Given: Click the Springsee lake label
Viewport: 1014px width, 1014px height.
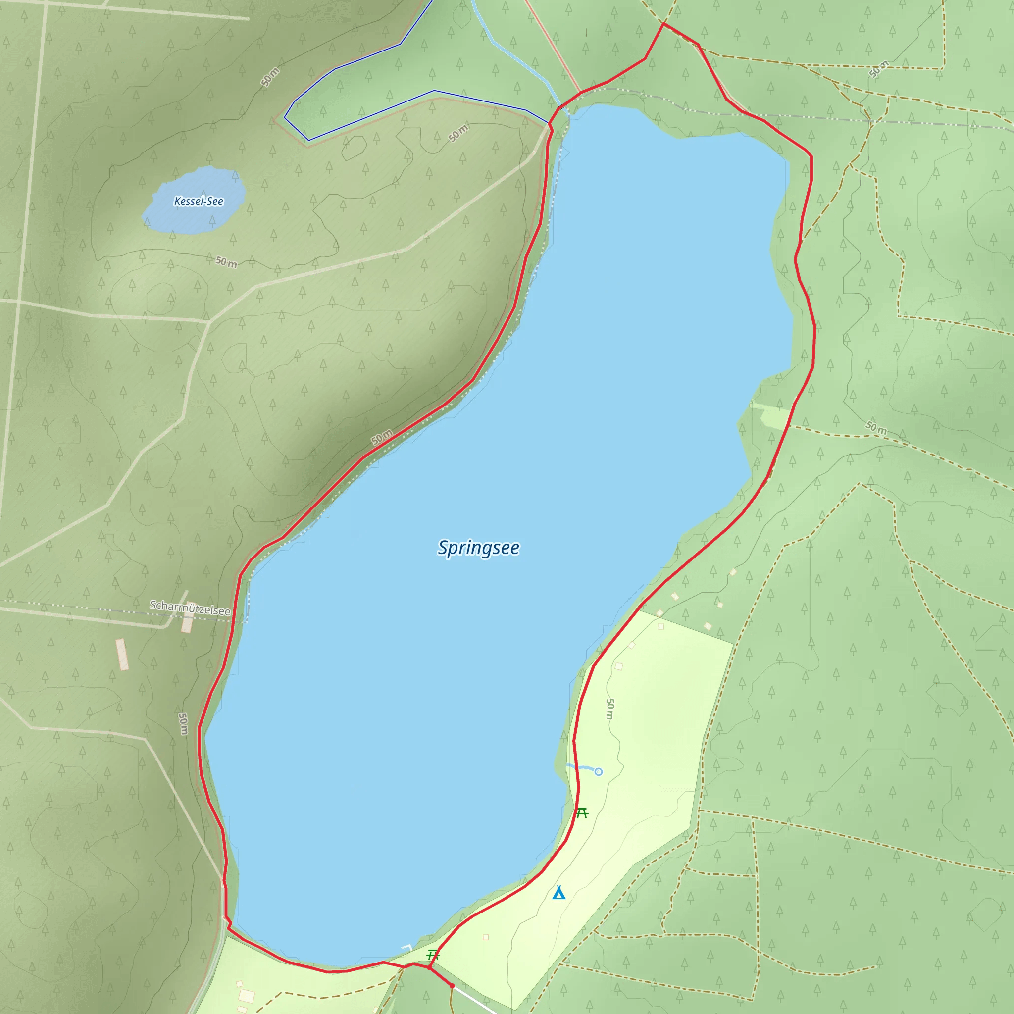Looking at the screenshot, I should [x=478, y=548].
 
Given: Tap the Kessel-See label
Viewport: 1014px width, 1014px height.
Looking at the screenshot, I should [x=199, y=201].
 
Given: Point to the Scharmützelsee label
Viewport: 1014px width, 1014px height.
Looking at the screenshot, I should [x=190, y=608].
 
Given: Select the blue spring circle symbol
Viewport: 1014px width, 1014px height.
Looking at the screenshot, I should [x=598, y=771].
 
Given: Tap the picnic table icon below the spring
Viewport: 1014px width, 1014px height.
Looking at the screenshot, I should [x=582, y=813].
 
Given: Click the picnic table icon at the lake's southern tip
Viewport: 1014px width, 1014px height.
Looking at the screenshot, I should [x=433, y=954].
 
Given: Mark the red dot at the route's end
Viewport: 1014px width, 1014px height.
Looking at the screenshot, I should [x=452, y=986].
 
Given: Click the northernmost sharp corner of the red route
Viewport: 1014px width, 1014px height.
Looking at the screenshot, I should [x=663, y=24].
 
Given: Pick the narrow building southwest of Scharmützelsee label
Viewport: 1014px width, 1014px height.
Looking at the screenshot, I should [x=122, y=654].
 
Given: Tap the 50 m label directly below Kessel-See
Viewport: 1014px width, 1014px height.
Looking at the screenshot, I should [x=226, y=261].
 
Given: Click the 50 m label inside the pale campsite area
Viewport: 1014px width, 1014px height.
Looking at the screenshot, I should [x=610, y=709].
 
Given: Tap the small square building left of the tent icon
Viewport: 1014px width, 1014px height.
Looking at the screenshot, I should [x=486, y=937].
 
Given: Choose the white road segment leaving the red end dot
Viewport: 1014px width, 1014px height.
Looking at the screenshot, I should [x=475, y=999].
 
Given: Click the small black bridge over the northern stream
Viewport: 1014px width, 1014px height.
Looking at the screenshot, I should [x=562, y=107].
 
